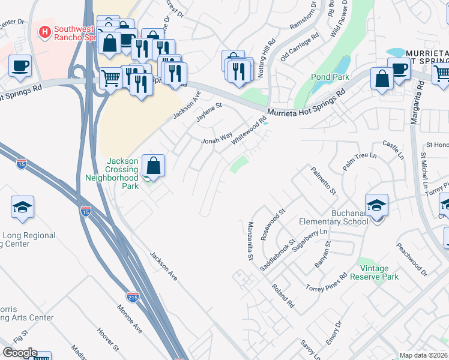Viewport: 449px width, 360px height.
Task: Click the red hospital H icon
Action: click(x=44, y=32)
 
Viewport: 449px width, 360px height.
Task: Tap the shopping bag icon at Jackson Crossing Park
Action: click(x=154, y=166)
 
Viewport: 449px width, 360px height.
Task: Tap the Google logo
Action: click(x=20, y=353)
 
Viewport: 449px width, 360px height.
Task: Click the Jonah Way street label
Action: click(x=216, y=139)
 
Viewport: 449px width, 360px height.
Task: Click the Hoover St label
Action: click(x=109, y=339)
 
